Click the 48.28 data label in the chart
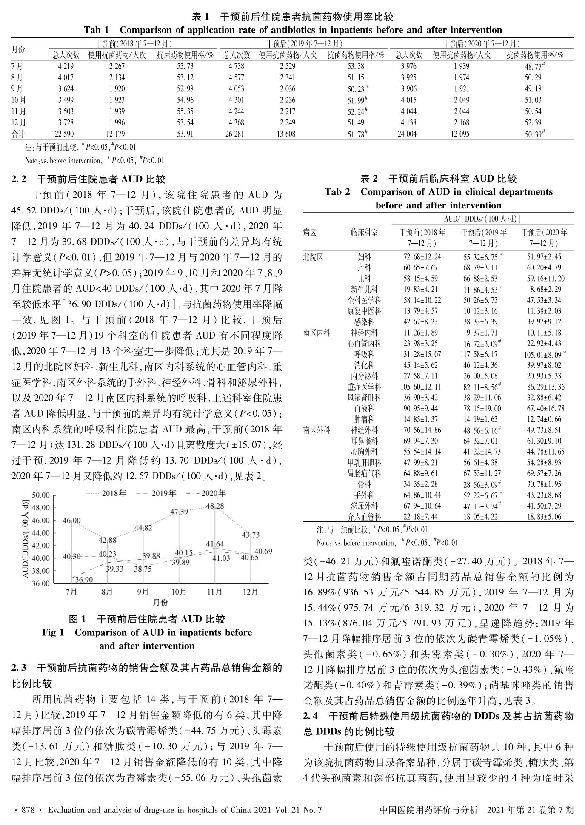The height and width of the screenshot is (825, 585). [x=215, y=506]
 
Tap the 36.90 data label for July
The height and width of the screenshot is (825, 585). [x=84, y=580]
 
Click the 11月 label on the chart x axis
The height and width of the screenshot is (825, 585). [x=215, y=592]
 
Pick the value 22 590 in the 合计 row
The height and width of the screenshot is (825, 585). [x=66, y=134]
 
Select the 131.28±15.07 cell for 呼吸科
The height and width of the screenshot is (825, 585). [x=422, y=354]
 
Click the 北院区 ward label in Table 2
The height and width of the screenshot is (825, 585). [x=313, y=257]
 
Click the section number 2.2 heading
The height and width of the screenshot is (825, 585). [x=19, y=179]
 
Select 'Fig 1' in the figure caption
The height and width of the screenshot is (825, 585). [x=53, y=632]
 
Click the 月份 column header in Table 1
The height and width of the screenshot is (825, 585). [x=18, y=49]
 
